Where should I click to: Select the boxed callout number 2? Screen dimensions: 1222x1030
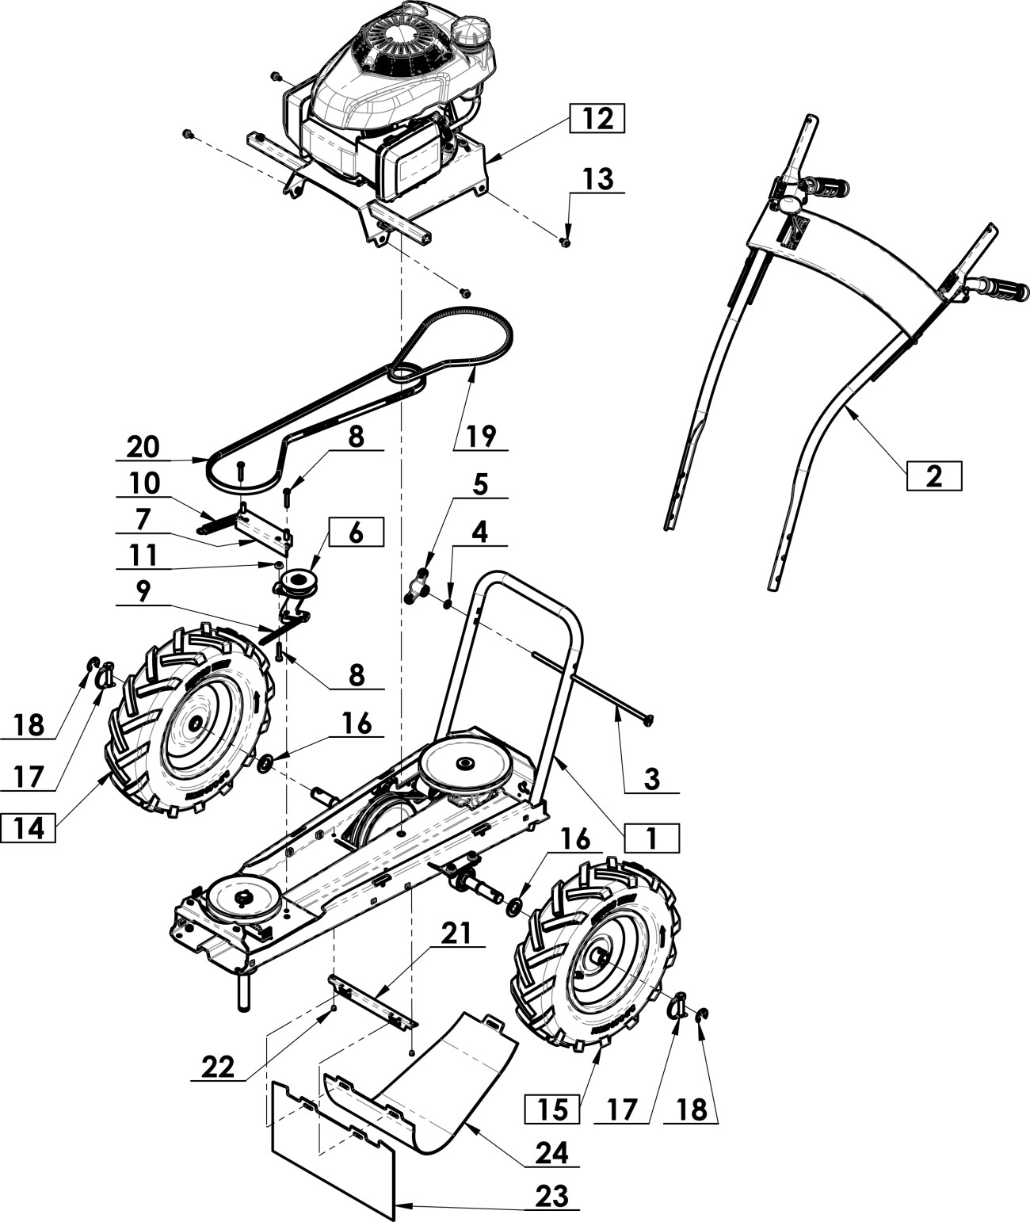coord(934,475)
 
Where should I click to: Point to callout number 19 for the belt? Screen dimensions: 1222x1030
coord(481,435)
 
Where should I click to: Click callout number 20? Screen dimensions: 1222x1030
coord(143,447)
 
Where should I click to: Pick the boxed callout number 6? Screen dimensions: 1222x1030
coord(356,533)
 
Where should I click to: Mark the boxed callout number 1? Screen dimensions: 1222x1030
coord(651,838)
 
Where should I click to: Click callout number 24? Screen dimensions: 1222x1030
coord(552,1153)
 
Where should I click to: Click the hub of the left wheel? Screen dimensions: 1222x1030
coord(195,725)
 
